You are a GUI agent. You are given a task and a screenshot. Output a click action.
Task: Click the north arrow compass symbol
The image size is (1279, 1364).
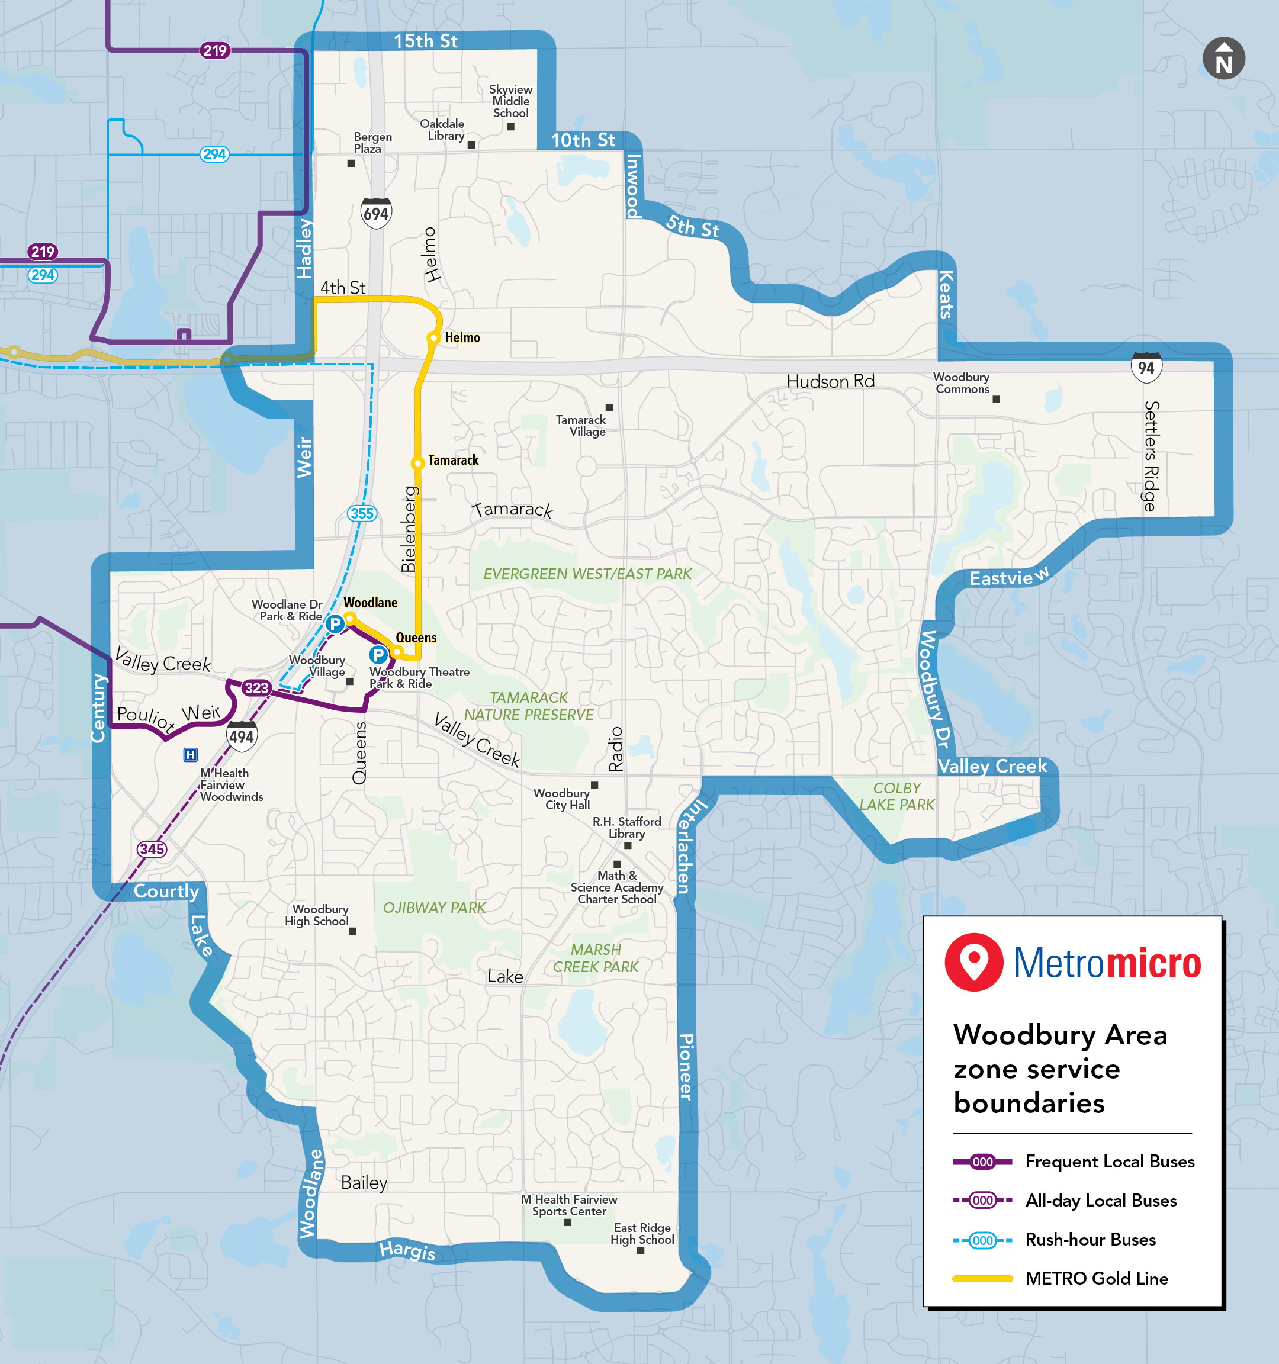[x=1223, y=59]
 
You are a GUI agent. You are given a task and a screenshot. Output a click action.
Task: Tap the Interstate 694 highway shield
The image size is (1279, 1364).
[x=375, y=213]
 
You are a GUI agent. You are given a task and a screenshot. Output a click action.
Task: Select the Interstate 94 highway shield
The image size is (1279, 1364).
[x=1146, y=367]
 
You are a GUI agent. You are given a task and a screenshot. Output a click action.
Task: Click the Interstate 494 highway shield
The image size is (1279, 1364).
[x=242, y=736]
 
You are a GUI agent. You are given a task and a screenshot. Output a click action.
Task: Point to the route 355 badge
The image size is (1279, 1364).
[x=362, y=513]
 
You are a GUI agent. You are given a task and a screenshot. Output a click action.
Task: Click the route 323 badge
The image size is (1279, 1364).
[x=256, y=687]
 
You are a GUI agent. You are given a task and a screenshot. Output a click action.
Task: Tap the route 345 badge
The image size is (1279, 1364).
[x=152, y=849]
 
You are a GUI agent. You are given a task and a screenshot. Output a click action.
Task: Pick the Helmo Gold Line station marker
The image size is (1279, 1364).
[x=433, y=337]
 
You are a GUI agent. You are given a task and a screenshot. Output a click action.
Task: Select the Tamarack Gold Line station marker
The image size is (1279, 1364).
[x=417, y=463]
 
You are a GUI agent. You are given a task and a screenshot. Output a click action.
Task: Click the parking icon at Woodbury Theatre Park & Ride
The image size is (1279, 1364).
[x=378, y=655]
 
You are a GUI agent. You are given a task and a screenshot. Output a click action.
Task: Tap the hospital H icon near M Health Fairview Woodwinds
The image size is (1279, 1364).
[x=191, y=755]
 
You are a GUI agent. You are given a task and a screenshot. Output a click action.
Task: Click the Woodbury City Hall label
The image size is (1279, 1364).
[x=561, y=799]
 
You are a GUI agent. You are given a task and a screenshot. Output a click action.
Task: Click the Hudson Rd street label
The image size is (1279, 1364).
[x=830, y=381]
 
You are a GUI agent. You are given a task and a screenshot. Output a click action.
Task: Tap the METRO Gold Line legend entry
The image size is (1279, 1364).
[x=1096, y=1278]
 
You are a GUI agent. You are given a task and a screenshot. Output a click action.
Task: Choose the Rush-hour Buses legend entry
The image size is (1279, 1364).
[x=1090, y=1239]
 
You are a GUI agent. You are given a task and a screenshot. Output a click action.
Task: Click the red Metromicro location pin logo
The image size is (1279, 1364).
[x=973, y=961]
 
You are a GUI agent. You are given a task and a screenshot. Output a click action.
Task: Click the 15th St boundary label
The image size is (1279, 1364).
[x=425, y=41]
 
